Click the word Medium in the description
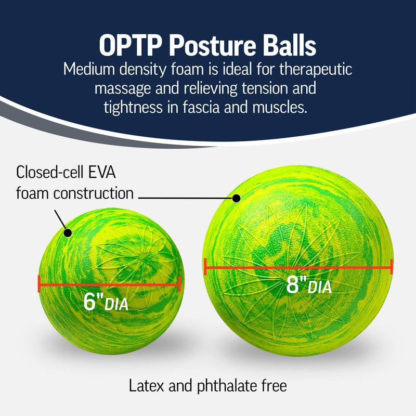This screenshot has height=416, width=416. point(89,69)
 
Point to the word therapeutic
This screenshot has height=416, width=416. point(308,69)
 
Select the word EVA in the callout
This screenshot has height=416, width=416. point(116,172)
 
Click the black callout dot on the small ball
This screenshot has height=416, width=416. point(67,232)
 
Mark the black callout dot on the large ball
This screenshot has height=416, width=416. point(236,198)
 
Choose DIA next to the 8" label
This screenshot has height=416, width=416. point(319,287)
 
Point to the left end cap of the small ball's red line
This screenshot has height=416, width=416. point(39,284)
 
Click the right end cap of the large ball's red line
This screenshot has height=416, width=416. point(391,267)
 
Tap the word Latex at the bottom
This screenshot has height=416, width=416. point(144,386)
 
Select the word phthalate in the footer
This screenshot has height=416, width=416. point(223,386)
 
